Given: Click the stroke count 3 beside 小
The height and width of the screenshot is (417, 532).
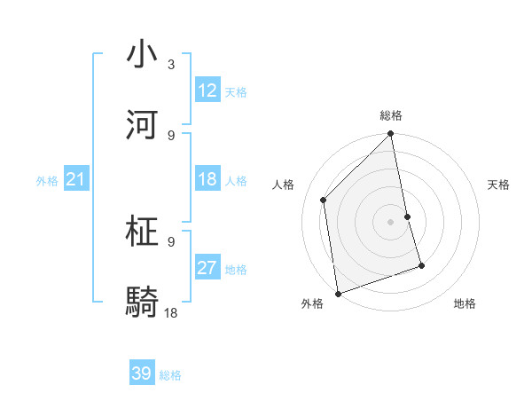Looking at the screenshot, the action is tap(171, 64).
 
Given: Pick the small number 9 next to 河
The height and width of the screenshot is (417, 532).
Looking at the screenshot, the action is tap(171, 135).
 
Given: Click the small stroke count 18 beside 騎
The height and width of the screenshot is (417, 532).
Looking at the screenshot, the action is tap(171, 312).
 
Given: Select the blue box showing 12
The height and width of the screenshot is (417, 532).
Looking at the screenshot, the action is tap(207, 90).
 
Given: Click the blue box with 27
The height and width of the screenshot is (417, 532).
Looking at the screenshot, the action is tap(207, 268).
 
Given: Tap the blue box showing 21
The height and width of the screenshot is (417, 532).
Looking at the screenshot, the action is tap(76, 180).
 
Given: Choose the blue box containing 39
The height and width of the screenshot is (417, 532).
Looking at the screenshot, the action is tap(142, 374).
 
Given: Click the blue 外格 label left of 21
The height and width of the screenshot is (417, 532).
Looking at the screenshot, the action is tap(47, 181).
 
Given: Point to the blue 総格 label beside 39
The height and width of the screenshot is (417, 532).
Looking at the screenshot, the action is tap(171, 375).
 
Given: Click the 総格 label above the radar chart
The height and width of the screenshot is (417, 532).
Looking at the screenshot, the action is tap(391, 115).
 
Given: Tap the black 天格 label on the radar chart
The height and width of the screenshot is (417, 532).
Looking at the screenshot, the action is tap(498, 185).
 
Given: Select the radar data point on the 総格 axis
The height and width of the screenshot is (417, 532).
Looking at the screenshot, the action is tap(391, 135).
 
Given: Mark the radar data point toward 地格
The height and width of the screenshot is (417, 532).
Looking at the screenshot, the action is tap(421, 265).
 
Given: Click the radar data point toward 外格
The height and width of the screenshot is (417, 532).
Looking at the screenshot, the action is tap(338, 294).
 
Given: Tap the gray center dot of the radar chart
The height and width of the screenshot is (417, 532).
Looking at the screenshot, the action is tap(391, 222).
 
